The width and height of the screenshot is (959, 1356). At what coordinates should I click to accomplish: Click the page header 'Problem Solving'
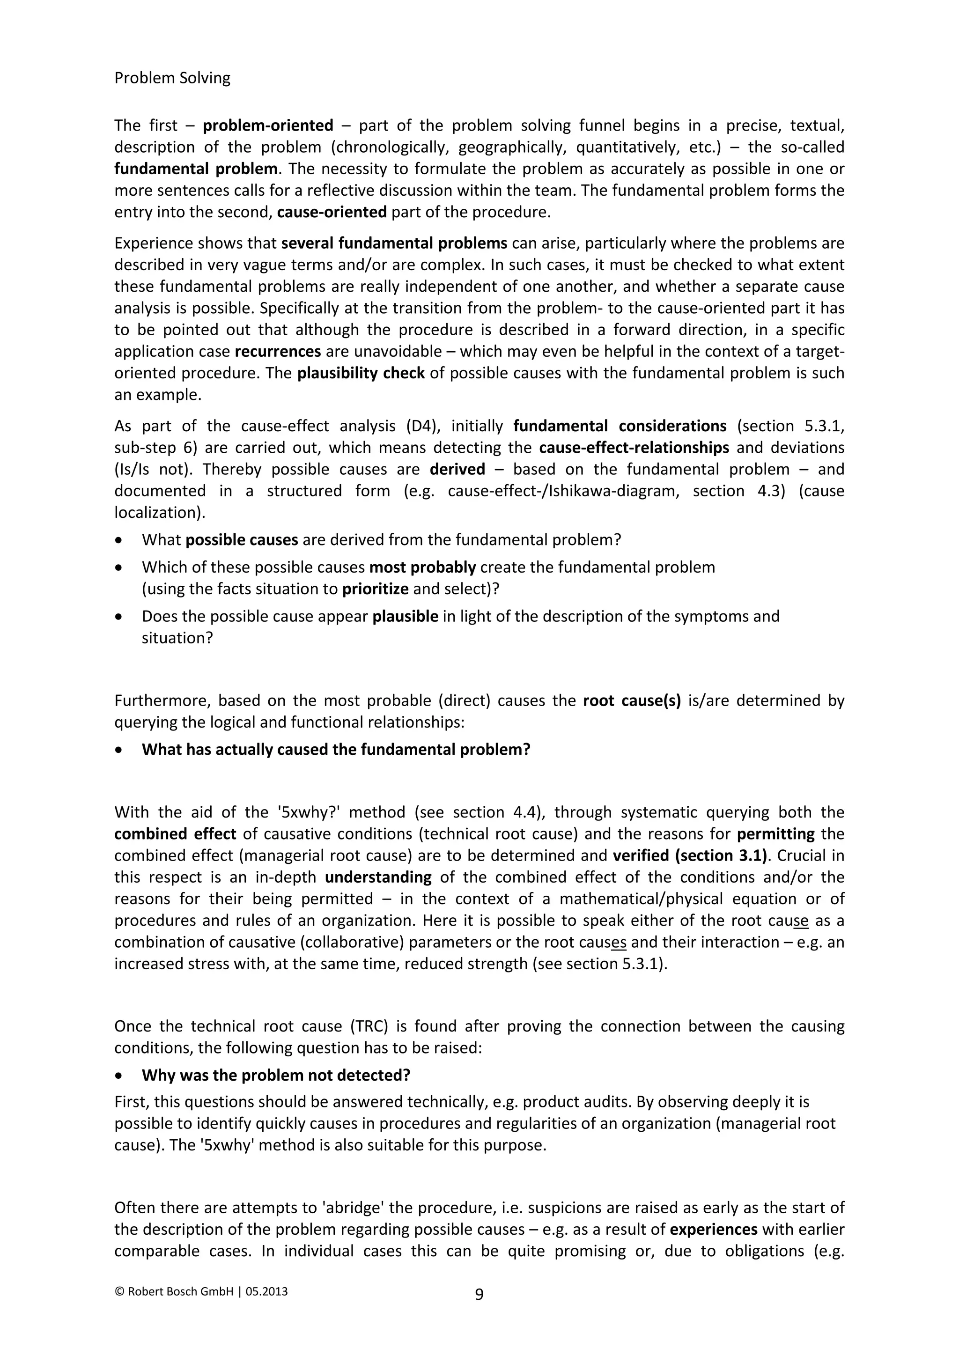tap(172, 78)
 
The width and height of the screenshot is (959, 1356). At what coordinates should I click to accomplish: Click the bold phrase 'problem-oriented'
tap(268, 126)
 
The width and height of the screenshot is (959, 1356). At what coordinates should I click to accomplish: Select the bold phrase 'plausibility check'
tap(361, 373)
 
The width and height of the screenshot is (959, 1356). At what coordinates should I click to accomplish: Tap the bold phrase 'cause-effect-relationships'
tap(634, 448)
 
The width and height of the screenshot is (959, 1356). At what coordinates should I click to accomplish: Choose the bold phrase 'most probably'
tap(422, 567)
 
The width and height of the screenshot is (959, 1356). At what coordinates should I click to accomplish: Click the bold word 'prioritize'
tap(376, 589)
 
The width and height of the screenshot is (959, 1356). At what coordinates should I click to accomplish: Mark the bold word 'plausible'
tap(405, 617)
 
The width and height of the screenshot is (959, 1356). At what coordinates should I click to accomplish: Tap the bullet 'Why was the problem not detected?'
tap(275, 1075)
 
